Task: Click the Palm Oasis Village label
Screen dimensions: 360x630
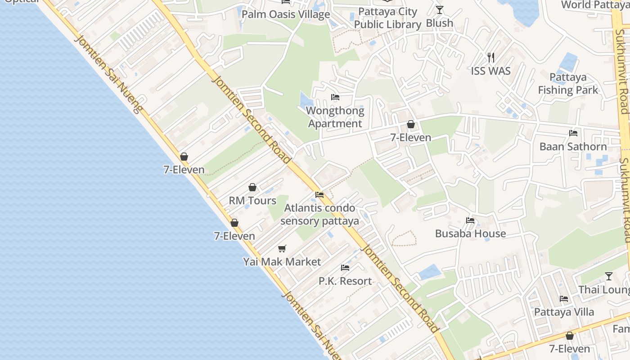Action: pyautogui.click(x=286, y=14)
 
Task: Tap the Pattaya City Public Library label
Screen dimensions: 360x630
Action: pyautogui.click(x=387, y=18)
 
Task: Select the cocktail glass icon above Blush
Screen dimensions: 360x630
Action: pyautogui.click(x=440, y=9)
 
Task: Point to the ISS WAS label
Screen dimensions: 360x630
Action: pyautogui.click(x=491, y=71)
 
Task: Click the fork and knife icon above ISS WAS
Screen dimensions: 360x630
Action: pyautogui.click(x=491, y=58)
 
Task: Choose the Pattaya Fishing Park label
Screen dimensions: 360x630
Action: pyautogui.click(x=568, y=84)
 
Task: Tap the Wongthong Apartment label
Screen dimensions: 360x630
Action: pyautogui.click(x=335, y=117)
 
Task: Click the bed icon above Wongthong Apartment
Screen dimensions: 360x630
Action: pyautogui.click(x=335, y=97)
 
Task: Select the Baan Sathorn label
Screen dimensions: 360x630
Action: pyautogui.click(x=573, y=146)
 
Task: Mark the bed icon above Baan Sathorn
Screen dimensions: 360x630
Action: pyautogui.click(x=573, y=133)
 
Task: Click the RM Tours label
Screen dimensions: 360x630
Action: pyautogui.click(x=252, y=200)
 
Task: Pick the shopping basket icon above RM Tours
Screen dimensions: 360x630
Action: pyautogui.click(x=252, y=187)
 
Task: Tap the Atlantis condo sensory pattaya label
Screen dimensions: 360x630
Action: pyautogui.click(x=319, y=214)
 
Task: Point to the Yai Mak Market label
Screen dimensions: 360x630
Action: pyautogui.click(x=282, y=261)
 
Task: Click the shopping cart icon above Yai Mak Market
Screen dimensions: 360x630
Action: pyautogui.click(x=282, y=248)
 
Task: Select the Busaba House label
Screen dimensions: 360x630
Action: pyautogui.click(x=470, y=233)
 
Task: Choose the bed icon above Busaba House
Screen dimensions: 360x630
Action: pyautogui.click(x=470, y=220)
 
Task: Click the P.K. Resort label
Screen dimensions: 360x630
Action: pyautogui.click(x=345, y=281)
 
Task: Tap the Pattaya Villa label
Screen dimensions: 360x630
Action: pyautogui.click(x=564, y=312)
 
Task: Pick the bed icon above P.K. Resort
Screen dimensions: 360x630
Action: pyautogui.click(x=345, y=268)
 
